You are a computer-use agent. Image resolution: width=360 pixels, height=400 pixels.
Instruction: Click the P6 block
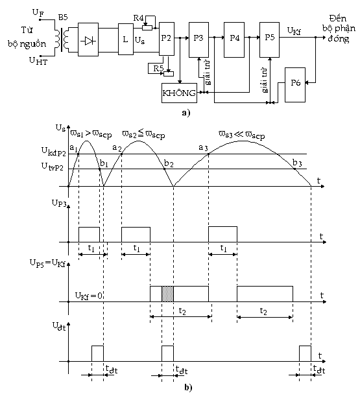296,82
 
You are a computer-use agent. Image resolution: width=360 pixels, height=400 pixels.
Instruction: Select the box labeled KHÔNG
179,93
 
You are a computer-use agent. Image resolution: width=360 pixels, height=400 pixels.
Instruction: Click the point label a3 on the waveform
202,148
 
